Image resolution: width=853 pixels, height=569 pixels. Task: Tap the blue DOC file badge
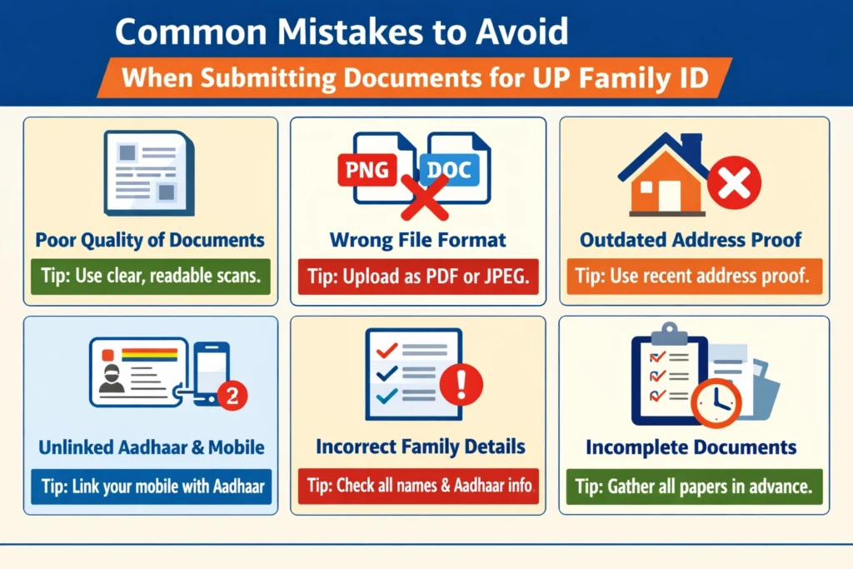448,171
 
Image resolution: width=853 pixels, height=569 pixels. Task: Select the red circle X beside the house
734,182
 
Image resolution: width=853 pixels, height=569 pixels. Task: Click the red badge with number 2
232,397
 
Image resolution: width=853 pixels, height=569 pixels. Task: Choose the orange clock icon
715,402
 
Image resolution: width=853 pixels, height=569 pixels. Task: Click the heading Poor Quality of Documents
150,241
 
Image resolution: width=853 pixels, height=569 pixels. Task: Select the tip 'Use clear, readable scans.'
150,277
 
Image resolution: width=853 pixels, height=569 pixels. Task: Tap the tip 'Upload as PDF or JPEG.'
417,277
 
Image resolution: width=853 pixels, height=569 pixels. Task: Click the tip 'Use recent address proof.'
694,277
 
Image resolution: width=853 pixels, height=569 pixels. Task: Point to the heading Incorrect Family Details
421,447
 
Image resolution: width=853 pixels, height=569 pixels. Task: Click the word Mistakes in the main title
340,32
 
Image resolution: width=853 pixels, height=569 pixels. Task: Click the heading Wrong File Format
417,241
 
